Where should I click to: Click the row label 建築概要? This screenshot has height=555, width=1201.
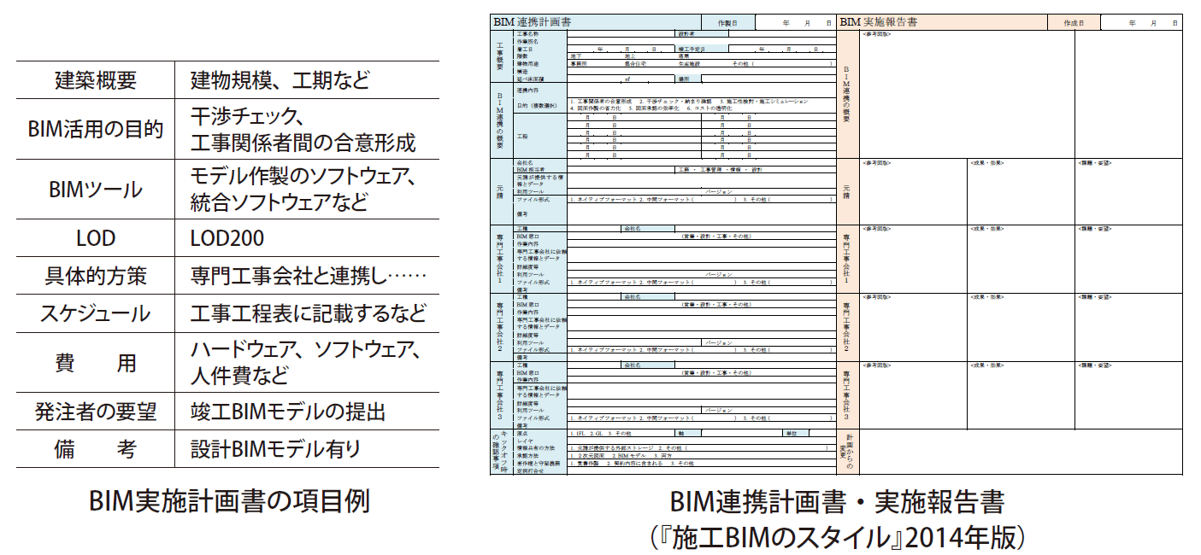(95, 81)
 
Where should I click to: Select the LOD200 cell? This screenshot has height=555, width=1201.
(227, 238)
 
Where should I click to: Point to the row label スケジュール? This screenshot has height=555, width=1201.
(95, 313)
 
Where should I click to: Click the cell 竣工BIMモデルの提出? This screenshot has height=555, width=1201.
(288, 412)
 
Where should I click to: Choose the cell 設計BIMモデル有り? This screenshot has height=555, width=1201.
(275, 448)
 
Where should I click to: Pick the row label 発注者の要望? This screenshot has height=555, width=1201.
(95, 412)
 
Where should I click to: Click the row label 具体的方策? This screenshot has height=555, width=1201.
(95, 276)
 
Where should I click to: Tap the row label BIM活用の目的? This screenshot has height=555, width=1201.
(95, 129)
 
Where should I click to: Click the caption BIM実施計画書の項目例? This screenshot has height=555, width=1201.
(229, 501)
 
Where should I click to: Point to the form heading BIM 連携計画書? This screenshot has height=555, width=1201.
(533, 22)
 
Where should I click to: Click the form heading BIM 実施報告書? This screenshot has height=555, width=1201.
(880, 22)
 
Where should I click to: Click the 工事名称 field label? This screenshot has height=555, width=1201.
(528, 34)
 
